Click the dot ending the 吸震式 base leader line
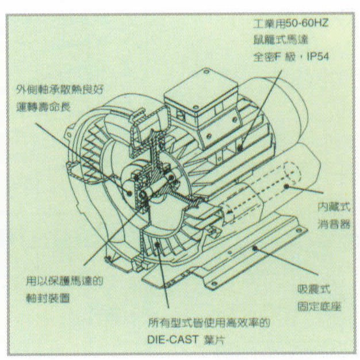point(255,247)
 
